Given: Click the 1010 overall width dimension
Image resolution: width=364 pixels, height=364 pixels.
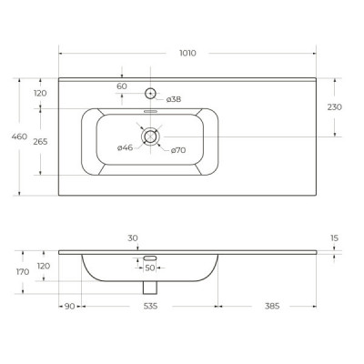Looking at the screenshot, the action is click(187, 53).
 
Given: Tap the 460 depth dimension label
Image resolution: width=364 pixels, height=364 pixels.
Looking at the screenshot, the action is click(19, 136).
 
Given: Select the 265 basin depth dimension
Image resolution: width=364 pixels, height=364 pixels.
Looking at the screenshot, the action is click(40, 142).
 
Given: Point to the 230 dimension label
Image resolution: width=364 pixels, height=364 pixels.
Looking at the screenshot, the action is click(334, 107).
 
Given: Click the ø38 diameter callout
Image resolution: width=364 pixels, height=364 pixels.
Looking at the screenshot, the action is click(174, 99).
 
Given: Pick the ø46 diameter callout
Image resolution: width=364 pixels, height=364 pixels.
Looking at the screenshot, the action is click(125, 147).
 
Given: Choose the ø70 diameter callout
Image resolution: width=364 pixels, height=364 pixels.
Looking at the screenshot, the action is click(178, 150).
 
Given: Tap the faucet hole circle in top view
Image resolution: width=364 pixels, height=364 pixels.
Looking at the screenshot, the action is click(150, 93).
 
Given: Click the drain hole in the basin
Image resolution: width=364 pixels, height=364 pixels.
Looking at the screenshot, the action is click(150, 136).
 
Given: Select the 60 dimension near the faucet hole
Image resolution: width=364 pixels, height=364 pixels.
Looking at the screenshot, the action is click(122, 86).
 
